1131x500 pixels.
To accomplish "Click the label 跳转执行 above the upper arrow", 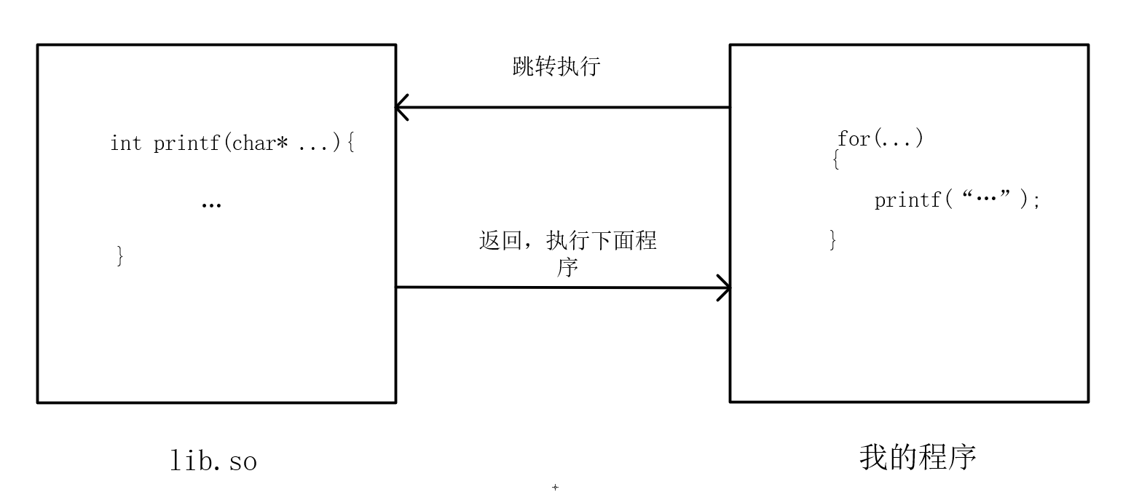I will tap(556, 67).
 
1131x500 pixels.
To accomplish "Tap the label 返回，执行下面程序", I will tap(567, 253).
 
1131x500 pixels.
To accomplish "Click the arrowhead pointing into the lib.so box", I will tap(401, 108).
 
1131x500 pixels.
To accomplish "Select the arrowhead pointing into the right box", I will tap(725, 287).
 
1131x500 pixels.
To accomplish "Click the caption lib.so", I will tap(213, 461).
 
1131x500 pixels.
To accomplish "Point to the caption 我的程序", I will tap(917, 457).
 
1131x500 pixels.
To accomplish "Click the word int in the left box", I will tap(125, 143).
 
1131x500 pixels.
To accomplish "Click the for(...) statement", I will tap(880, 138).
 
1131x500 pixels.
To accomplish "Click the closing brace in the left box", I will tap(120, 256).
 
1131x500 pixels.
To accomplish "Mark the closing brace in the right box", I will tap(833, 239).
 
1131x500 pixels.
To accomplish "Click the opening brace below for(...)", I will tap(836, 159).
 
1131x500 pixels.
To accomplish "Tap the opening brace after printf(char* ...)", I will tap(350, 143).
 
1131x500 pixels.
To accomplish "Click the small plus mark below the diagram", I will tap(555, 487).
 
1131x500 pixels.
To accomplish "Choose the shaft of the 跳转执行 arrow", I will tap(568, 108).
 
